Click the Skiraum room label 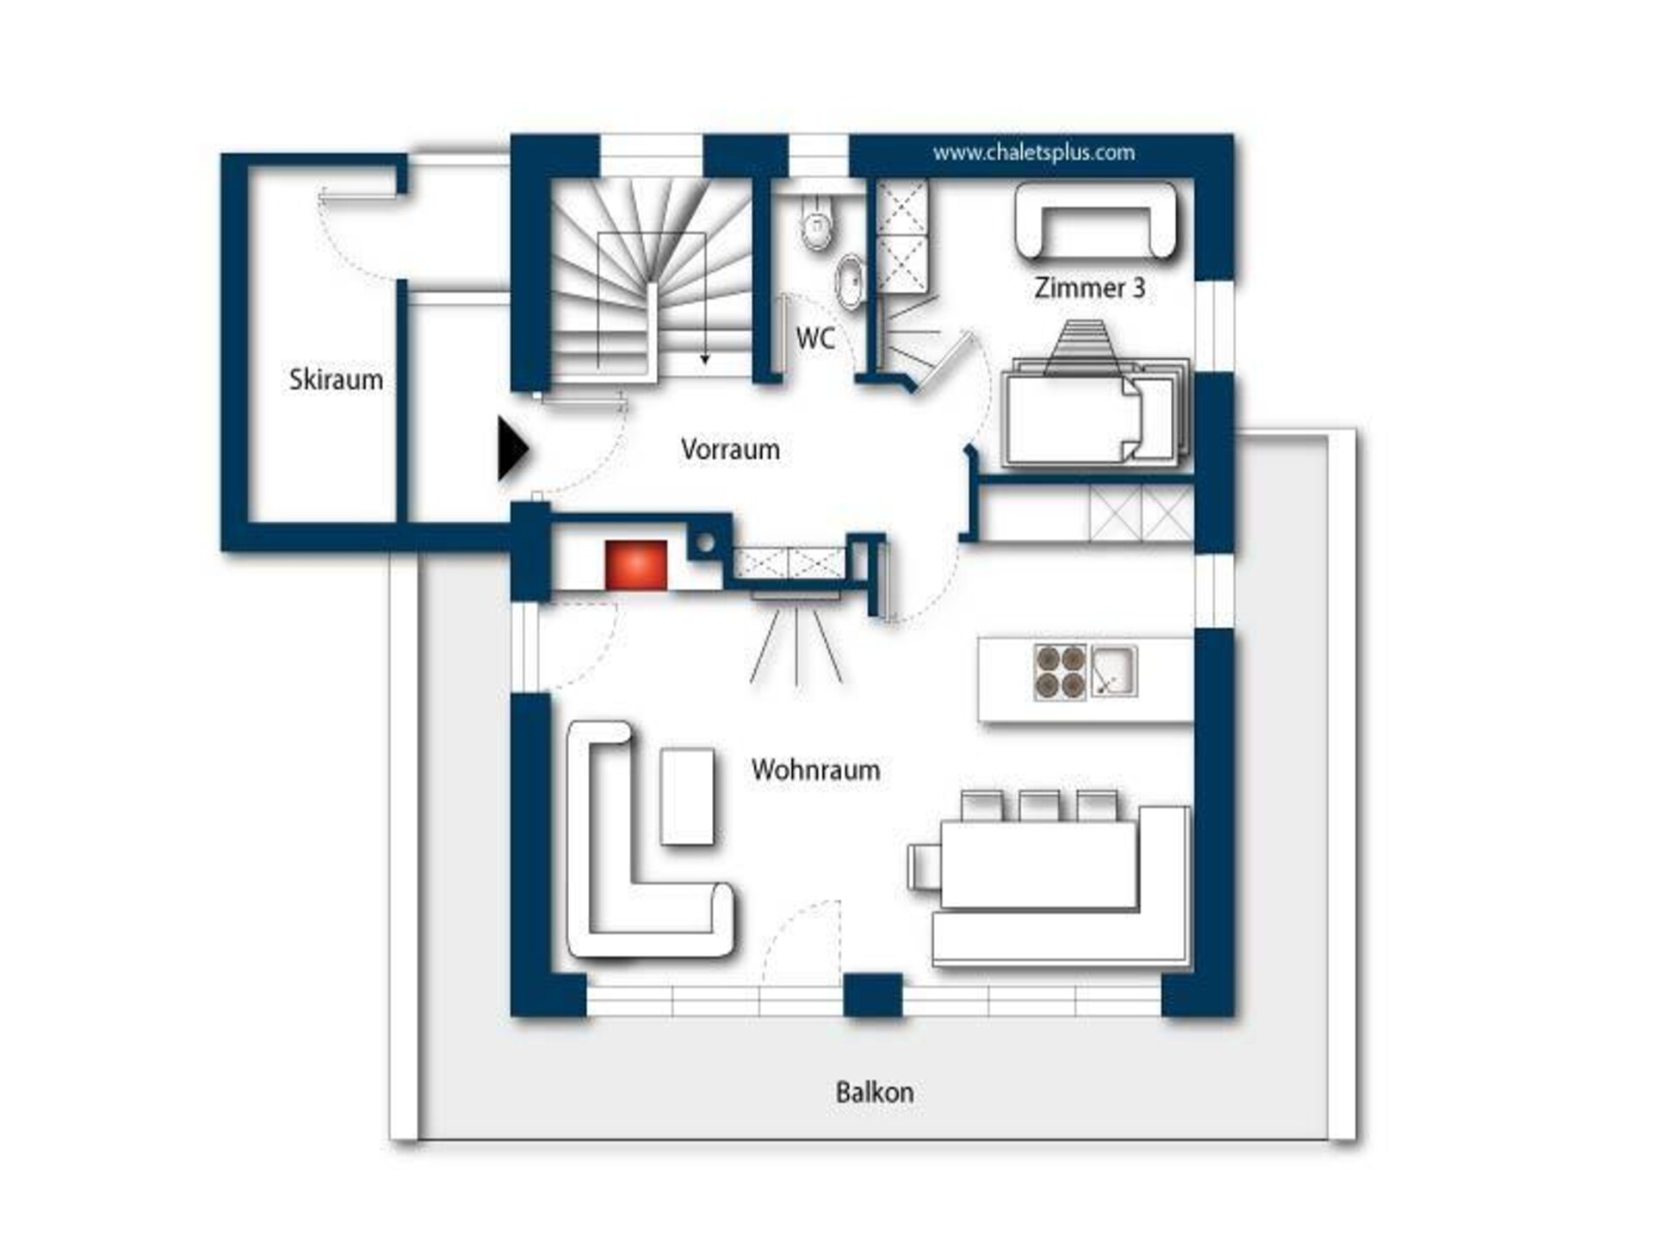click(x=336, y=379)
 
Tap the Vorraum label click(x=730, y=449)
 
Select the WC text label click(x=814, y=338)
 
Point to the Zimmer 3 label click(x=1089, y=288)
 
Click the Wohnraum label click(x=815, y=769)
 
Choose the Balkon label click(x=875, y=1092)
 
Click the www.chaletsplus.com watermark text click(x=1033, y=153)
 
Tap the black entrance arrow click(x=512, y=449)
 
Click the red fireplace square click(x=636, y=565)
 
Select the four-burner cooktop click(x=1060, y=672)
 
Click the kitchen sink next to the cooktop click(x=1114, y=671)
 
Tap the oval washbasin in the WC click(x=851, y=280)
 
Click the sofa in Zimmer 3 click(x=1095, y=221)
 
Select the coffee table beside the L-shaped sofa click(x=687, y=797)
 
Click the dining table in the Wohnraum click(x=1039, y=865)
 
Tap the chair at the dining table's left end click(x=925, y=866)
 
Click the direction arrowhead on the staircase click(x=704, y=360)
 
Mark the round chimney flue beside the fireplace click(x=706, y=543)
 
